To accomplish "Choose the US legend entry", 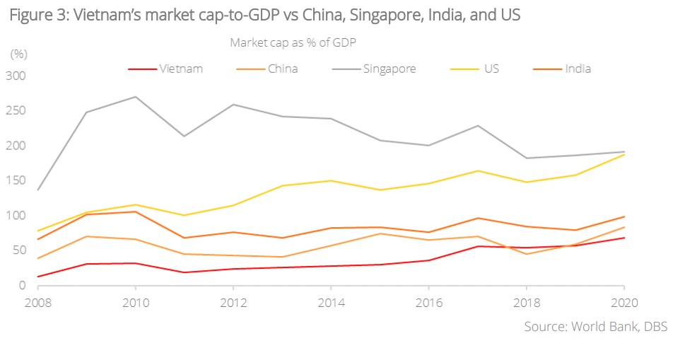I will pos(491,69).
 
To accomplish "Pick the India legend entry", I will pos(578,69).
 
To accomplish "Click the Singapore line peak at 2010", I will pos(135,97).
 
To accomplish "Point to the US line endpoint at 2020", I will pos(622,154).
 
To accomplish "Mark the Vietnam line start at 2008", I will pos(38,277).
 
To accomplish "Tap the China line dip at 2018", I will pos(525,254).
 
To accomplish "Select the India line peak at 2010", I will pos(135,211).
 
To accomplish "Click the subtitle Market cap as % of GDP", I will pos(292,42).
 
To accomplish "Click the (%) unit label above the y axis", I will pos(18,54).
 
